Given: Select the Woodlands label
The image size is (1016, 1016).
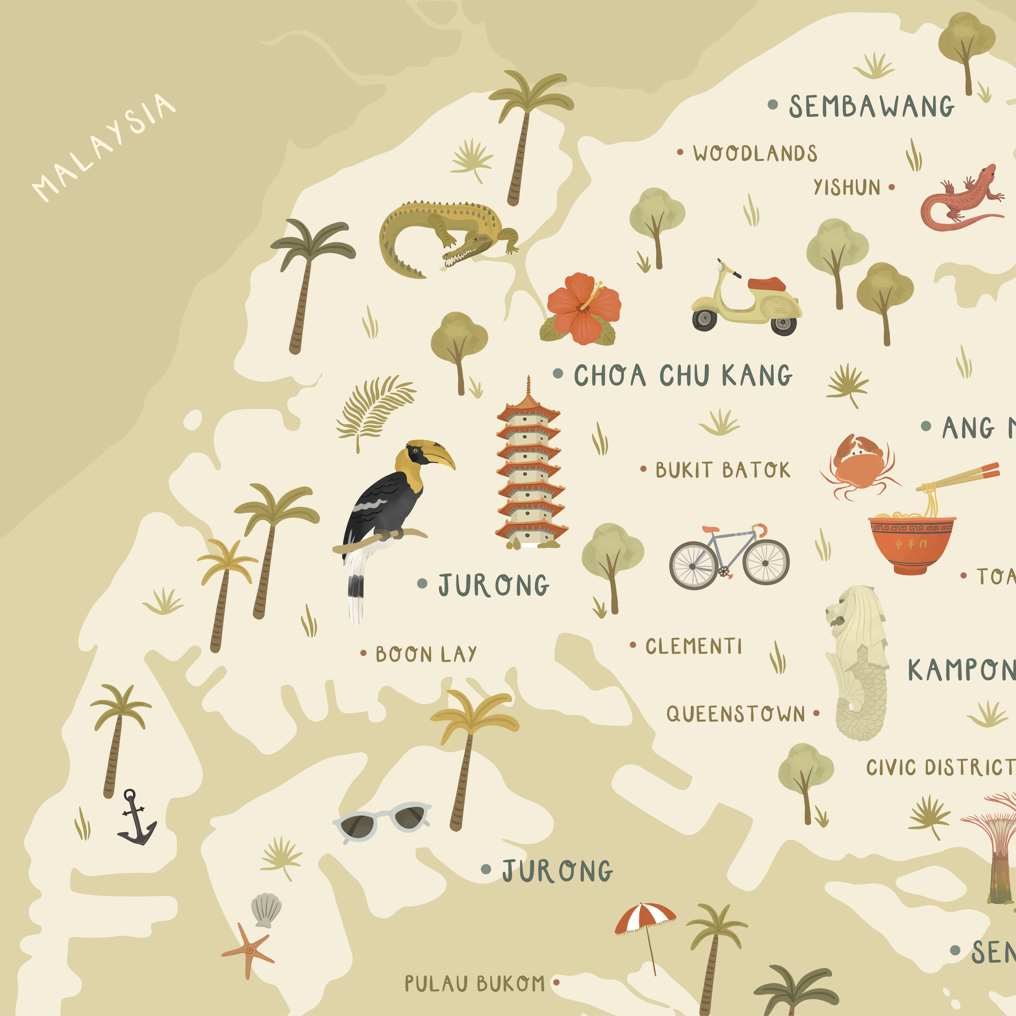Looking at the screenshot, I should [x=755, y=153].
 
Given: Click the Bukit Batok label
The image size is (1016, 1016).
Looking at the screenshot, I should [x=722, y=470].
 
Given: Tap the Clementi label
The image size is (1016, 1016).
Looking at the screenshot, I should [x=693, y=646].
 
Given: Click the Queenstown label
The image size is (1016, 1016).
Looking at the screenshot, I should [x=735, y=714].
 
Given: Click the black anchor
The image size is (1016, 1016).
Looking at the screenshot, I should [x=136, y=817].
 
